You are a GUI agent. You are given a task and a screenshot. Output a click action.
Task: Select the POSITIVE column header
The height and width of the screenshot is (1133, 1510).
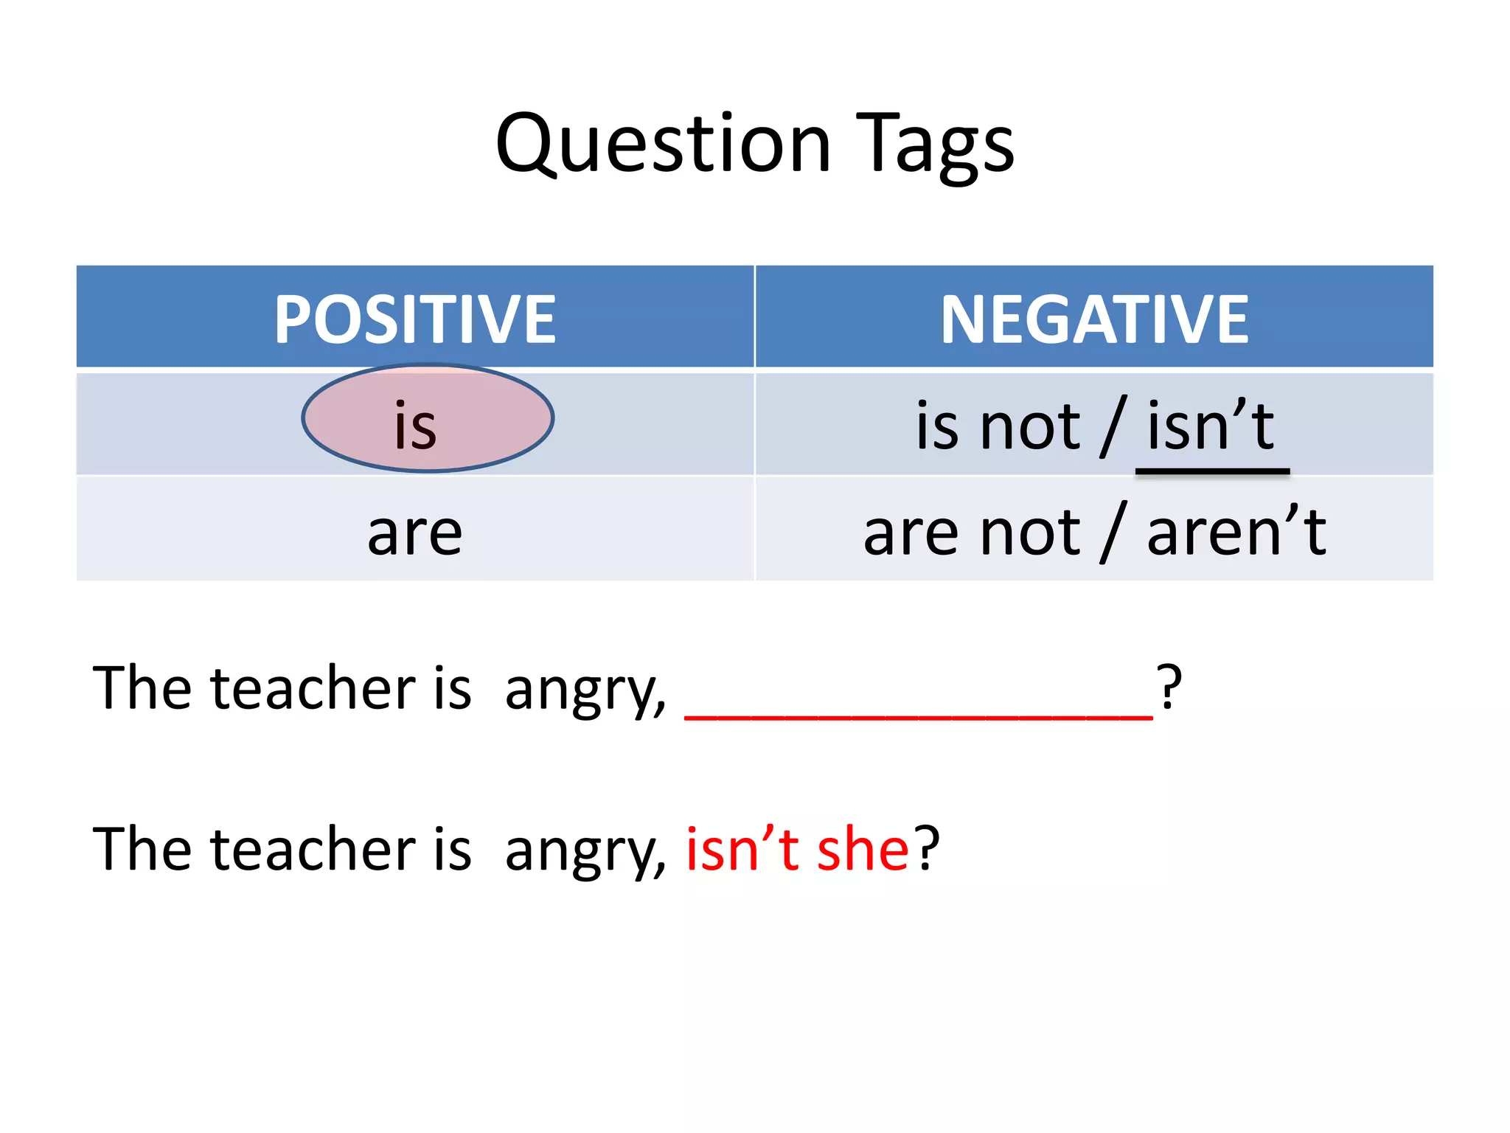click(x=415, y=319)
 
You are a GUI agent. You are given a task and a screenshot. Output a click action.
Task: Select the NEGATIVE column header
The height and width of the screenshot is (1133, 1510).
click(x=1095, y=319)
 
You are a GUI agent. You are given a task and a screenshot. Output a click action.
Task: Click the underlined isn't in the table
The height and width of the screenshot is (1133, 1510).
click(x=1211, y=426)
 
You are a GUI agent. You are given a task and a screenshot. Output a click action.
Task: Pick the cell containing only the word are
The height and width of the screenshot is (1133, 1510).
click(x=415, y=531)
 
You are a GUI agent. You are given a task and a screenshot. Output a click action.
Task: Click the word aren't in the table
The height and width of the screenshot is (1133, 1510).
click(x=1236, y=531)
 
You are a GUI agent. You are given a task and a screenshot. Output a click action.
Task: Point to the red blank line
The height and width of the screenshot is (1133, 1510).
click(x=918, y=714)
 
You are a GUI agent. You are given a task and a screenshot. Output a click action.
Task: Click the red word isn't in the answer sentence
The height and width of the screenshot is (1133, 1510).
click(x=742, y=848)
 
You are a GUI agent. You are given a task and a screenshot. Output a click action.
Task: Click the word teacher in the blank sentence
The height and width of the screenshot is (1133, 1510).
click(x=314, y=687)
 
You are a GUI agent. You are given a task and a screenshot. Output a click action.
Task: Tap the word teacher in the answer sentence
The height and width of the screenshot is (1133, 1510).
click(x=314, y=848)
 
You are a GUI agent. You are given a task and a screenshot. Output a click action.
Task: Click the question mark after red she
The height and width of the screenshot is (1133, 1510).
click(x=927, y=848)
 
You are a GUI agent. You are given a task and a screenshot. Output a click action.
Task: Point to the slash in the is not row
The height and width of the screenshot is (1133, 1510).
click(x=1113, y=426)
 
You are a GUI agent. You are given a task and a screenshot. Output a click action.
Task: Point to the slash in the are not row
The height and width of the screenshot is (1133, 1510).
click(x=1113, y=531)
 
